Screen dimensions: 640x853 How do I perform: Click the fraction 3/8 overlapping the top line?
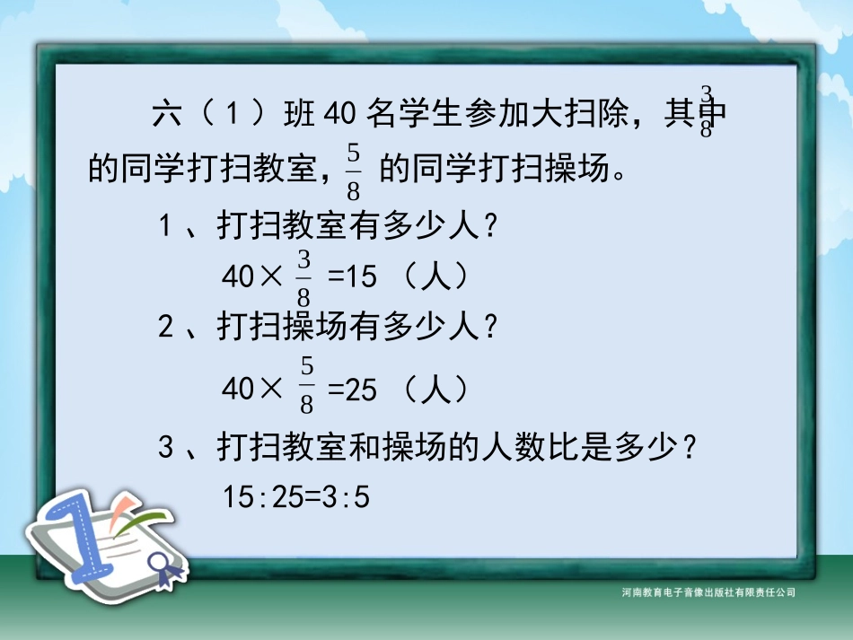point(707,111)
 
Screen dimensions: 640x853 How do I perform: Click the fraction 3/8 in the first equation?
point(303,277)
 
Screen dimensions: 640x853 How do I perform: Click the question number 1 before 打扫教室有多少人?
point(166,228)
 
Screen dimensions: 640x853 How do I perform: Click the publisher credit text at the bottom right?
point(708,592)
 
